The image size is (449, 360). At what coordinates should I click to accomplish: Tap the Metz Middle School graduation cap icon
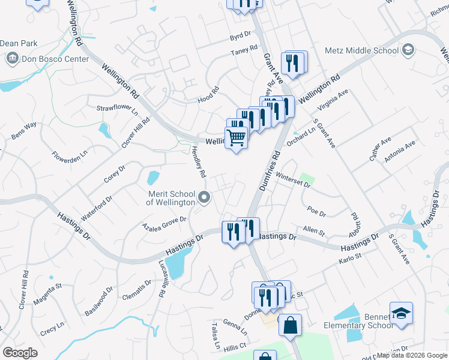pyautogui.click(x=408, y=49)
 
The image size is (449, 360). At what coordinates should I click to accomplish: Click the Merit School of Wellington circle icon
pyautogui.click(x=205, y=197)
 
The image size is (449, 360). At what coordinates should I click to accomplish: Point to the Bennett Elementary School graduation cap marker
pyautogui.click(x=401, y=313)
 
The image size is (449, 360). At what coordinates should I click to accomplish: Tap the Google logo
pyautogui.click(x=20, y=352)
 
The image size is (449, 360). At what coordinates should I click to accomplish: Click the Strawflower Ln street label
pyautogui.click(x=118, y=109)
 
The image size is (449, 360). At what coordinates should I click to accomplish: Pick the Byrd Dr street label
pyautogui.click(x=240, y=37)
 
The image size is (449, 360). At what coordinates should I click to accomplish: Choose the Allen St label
pyautogui.click(x=313, y=230)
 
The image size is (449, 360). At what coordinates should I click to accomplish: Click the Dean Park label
pyautogui.click(x=18, y=43)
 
